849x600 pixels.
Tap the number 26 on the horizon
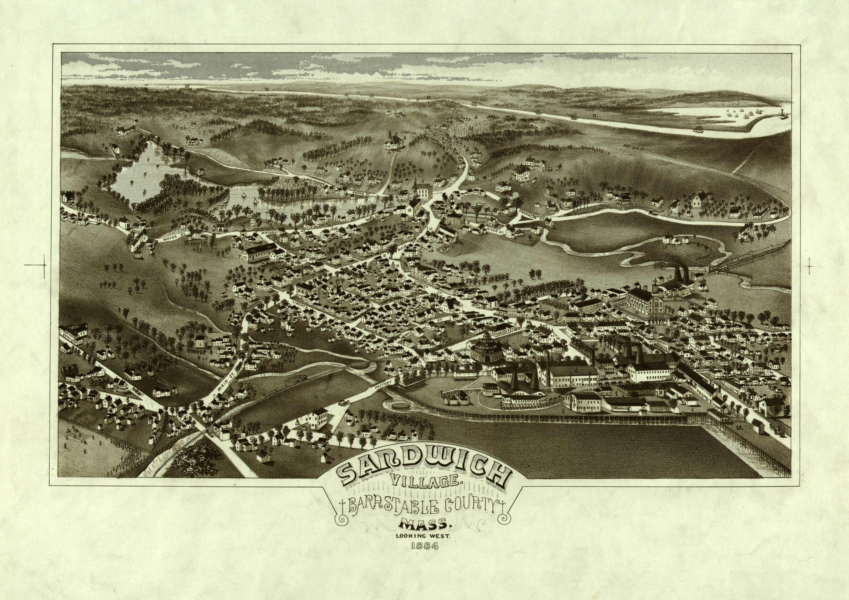coord(187,86)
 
